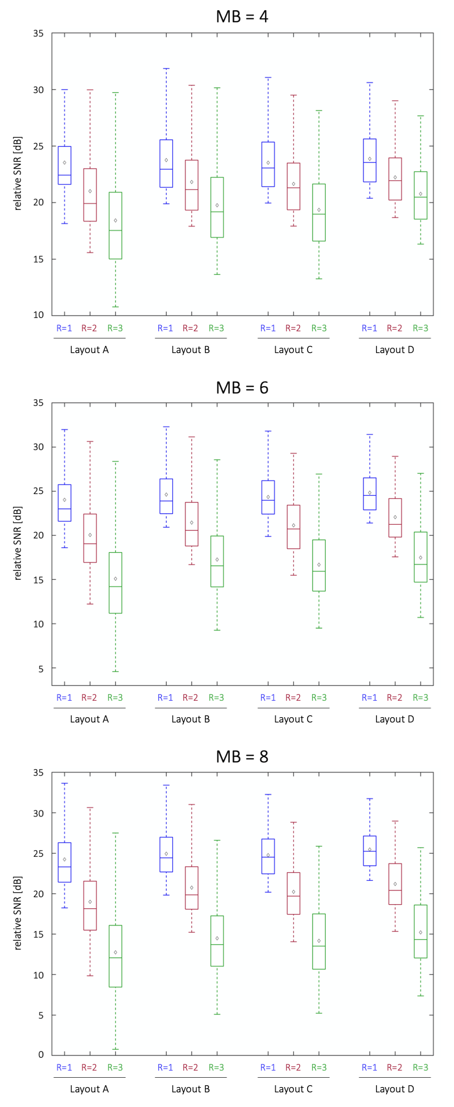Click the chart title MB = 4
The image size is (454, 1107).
click(242, 17)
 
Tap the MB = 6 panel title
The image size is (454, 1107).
click(242, 388)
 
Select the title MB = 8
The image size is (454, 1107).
click(242, 757)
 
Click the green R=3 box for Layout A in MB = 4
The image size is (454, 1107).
click(115, 225)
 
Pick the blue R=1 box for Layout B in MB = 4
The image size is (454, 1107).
click(166, 163)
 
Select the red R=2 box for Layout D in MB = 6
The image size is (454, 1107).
click(395, 518)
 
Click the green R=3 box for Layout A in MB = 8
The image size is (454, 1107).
click(115, 956)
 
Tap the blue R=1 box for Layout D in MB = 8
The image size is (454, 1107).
click(369, 851)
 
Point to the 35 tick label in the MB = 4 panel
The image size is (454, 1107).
click(39, 34)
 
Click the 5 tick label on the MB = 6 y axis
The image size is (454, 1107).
click(41, 668)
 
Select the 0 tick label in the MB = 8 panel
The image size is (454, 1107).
click(41, 1055)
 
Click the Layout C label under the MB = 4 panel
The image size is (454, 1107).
click(293, 350)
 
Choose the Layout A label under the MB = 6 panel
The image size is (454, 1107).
click(89, 719)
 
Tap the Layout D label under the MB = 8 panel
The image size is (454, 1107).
click(394, 1089)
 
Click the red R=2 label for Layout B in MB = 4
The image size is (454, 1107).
click(190, 328)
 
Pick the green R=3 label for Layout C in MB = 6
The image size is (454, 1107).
click(319, 698)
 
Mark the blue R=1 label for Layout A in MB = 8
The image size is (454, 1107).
click(64, 1068)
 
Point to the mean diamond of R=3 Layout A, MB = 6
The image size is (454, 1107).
click(115, 579)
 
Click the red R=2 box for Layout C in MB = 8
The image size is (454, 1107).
click(293, 893)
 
